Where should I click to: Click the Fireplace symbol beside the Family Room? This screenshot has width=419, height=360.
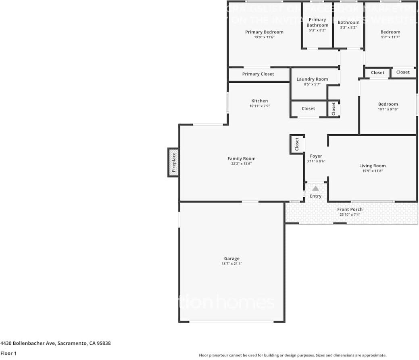coord(173,162)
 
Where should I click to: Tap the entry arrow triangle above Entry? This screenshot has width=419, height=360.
coord(315,188)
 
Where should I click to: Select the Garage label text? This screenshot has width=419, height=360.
coord(232,258)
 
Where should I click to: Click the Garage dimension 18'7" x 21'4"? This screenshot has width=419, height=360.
coord(232,264)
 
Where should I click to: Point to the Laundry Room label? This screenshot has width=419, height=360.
coord(312,79)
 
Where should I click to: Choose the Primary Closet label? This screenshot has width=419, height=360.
coord(258,74)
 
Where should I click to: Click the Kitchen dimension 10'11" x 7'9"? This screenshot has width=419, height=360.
coord(259,106)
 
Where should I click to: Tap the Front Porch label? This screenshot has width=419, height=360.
coord(350,209)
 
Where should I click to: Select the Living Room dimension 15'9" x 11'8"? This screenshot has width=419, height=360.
coord(372,171)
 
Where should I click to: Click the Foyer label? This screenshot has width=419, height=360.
coord(316,156)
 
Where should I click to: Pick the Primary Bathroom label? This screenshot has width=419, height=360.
coord(317,22)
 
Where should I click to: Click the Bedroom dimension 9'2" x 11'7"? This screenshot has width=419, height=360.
coord(390,37)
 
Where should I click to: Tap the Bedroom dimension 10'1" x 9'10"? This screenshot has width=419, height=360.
coord(388,109)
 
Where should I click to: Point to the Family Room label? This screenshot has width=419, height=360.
coord(241,158)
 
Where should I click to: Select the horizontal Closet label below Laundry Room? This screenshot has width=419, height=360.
coord(308,108)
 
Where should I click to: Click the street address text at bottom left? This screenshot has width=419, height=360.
coord(56,343)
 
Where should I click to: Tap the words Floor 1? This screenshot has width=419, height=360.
coord(8,353)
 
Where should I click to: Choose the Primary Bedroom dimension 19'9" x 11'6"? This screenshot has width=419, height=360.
coord(264,37)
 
